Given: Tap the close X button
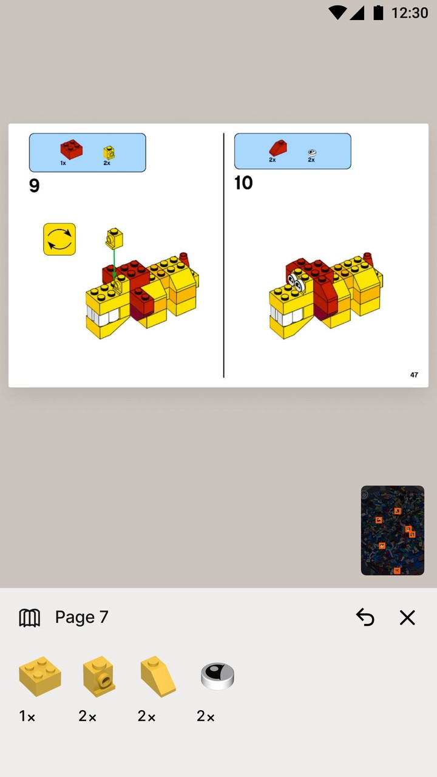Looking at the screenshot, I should coord(407,617).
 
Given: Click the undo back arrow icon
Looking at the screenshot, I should coord(365,617).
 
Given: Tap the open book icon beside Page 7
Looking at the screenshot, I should coord(29,617).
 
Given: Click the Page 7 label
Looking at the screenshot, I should coord(81,617).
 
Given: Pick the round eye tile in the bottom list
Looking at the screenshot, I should coord(217,676).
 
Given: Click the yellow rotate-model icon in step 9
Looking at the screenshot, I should coord(59,239).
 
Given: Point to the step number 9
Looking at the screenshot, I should coord(35,186).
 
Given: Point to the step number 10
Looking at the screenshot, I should coord(243,183).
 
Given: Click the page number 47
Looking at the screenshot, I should coord(414,375).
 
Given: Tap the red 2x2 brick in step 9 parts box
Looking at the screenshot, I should coord(71,149).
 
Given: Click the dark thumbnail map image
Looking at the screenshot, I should coord(392,530).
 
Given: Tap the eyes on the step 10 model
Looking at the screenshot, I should coord(296,280).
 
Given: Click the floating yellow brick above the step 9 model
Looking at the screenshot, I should coord(113,239).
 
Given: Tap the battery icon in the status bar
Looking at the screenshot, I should coord(378,13).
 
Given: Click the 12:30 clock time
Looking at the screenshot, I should coord(409,13).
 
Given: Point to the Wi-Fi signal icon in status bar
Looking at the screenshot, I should coord(337,13).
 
